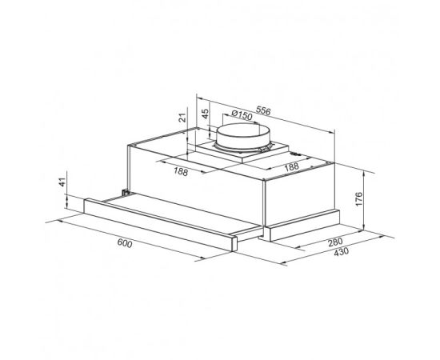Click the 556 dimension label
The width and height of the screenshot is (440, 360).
(x=263, y=111)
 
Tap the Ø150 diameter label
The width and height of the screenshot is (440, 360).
(x=242, y=114)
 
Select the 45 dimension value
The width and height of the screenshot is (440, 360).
(x=206, y=114)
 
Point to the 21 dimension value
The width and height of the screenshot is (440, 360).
(x=182, y=118)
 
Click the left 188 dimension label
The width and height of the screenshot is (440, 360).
(x=181, y=171)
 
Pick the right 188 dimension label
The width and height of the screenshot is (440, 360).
(x=291, y=167)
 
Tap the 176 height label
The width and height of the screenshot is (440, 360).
(x=359, y=199)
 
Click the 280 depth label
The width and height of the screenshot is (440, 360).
(x=335, y=242)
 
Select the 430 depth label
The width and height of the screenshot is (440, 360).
(x=342, y=251)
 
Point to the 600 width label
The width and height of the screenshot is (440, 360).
(x=124, y=243)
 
